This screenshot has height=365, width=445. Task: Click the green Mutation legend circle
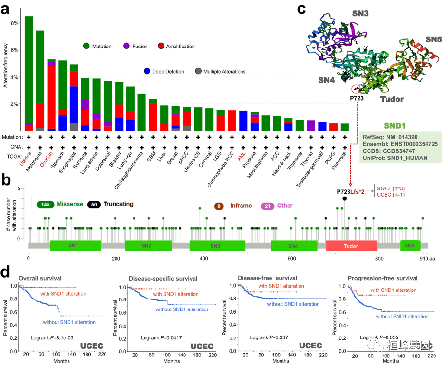click(x=87, y=46)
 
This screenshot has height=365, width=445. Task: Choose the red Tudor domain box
click(x=351, y=246)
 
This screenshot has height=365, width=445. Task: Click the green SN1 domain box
click(x=75, y=245)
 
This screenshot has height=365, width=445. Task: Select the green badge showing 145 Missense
click(x=46, y=204)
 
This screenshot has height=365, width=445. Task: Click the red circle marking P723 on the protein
click(x=356, y=89)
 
